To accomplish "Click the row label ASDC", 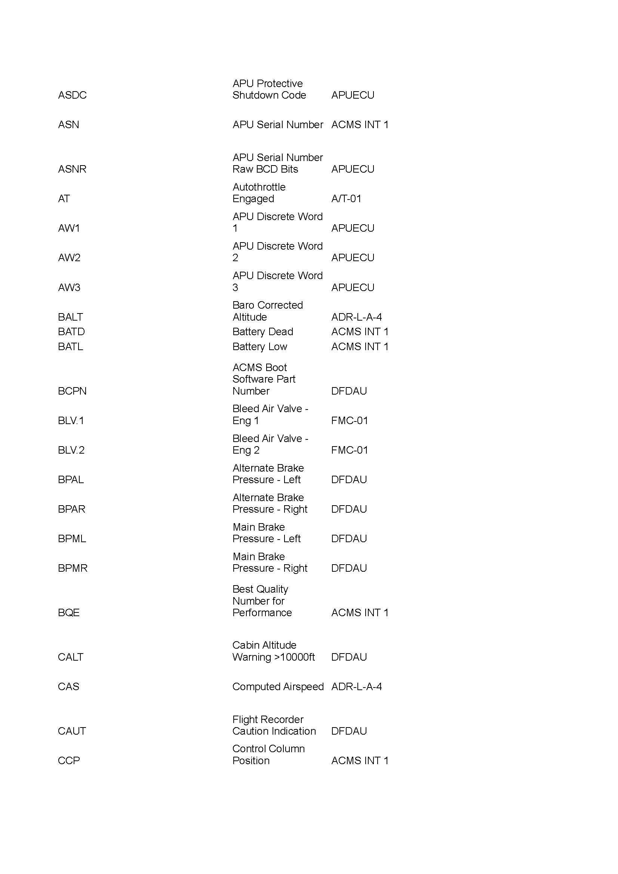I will [x=73, y=95].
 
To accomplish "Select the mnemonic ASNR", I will [x=73, y=169].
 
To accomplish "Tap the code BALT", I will [x=70, y=317].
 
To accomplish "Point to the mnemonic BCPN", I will [x=73, y=391].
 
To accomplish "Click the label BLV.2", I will [x=71, y=450].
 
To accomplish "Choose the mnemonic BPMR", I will [x=73, y=568].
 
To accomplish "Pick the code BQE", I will [x=68, y=612].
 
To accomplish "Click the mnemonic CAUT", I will [x=72, y=731].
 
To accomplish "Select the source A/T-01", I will [x=346, y=199].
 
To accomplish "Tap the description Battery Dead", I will [x=263, y=332].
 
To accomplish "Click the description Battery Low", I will [x=260, y=347].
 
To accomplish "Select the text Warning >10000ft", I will [x=273, y=657].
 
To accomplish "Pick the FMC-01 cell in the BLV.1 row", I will [x=350, y=421].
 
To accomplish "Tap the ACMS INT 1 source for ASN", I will [x=360, y=125].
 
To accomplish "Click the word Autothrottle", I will [x=259, y=187].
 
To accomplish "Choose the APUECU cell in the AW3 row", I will [x=353, y=287].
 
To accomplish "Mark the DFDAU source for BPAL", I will [x=349, y=480].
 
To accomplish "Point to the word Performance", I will [x=262, y=612].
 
